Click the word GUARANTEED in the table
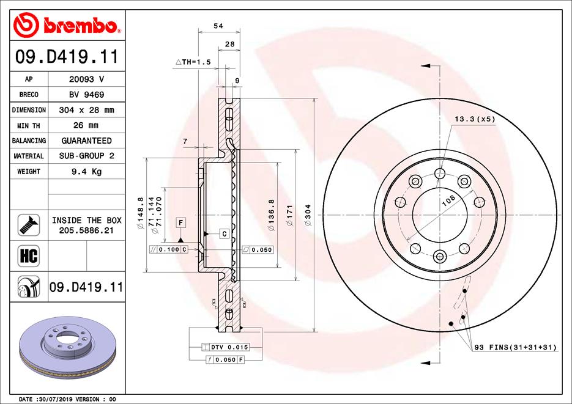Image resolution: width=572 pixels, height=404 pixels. point(86,141)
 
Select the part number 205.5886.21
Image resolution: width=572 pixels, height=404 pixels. point(86,230)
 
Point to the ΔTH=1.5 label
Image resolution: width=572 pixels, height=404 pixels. point(193,62)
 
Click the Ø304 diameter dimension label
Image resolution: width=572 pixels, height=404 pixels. point(308,216)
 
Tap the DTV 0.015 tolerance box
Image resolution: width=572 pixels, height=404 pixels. point(226,347)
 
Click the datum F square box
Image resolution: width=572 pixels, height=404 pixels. point(181,222)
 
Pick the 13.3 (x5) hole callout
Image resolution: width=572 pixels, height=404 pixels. point(474,119)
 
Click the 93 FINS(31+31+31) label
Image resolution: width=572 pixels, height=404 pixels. point(515,347)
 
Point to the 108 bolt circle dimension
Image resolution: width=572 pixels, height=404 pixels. point(448,200)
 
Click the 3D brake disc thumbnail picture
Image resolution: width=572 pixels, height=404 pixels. point(66,351)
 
